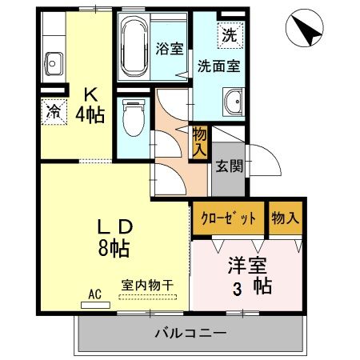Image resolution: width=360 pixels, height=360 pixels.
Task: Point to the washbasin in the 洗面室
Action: [x=234, y=102]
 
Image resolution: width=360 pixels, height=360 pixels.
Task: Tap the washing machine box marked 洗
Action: [x=230, y=34]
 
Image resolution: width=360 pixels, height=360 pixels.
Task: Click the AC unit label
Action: [x=94, y=294]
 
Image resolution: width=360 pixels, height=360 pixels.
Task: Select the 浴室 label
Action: [x=170, y=47]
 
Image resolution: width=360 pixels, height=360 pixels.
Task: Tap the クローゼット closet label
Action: [x=229, y=218]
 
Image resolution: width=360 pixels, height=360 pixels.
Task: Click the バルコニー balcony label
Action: [x=190, y=332]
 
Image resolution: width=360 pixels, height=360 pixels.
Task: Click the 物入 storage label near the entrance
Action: [x=200, y=142]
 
